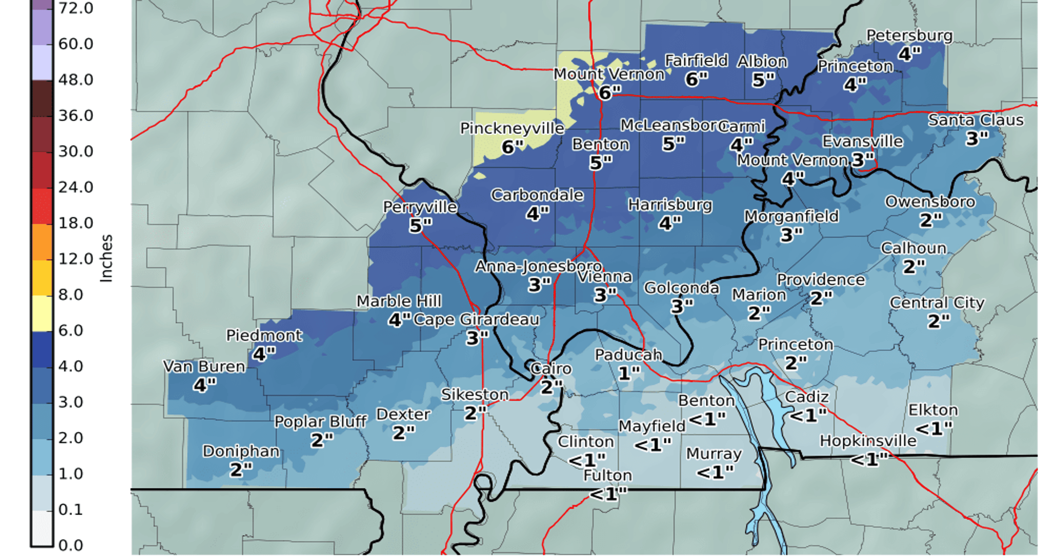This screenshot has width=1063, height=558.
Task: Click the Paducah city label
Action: coord(628,354)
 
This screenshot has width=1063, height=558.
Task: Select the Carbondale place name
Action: coord(537,195)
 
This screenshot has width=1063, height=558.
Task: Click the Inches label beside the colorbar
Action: coord(106,258)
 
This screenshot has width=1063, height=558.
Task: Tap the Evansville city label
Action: coord(862,141)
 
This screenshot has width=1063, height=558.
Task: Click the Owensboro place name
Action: coord(930,202)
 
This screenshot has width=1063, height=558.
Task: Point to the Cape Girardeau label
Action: coord(476,320)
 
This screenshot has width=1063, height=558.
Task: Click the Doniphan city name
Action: coord(241,451)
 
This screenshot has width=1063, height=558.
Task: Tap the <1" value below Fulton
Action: coord(608,494)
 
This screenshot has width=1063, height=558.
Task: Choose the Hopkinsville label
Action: coord(868,441)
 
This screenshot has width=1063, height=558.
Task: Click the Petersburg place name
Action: coord(910,36)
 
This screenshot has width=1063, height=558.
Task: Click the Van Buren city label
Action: coord(204,366)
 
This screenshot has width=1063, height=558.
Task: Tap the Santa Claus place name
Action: coord(976,120)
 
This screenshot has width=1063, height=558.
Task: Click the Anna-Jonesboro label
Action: coord(538,266)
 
